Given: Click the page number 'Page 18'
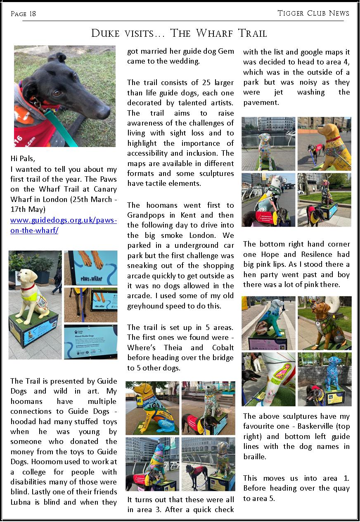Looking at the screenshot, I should (x=23, y=14).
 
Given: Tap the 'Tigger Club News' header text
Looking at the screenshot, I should (x=313, y=13).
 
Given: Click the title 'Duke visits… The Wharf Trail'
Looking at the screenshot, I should (x=179, y=33).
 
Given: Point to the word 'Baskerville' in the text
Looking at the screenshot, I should (x=307, y=427).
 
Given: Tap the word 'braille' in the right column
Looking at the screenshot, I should (x=255, y=457).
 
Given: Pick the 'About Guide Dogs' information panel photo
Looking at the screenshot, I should (x=91, y=342).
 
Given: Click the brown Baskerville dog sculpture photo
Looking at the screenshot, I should (x=324, y=323).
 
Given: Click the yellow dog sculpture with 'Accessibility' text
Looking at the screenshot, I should (x=152, y=408).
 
